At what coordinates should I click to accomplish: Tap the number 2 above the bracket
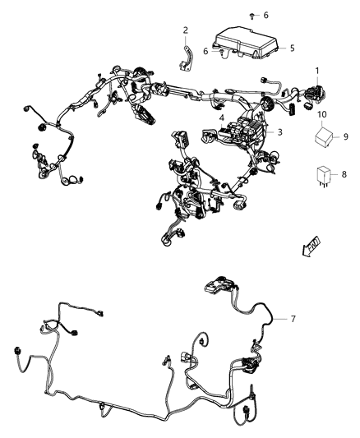pos(185,31)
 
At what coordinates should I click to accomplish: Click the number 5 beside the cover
pos(291,48)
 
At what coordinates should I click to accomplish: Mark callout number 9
pos(344,136)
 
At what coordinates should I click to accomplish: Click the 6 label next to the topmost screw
pos(265,16)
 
